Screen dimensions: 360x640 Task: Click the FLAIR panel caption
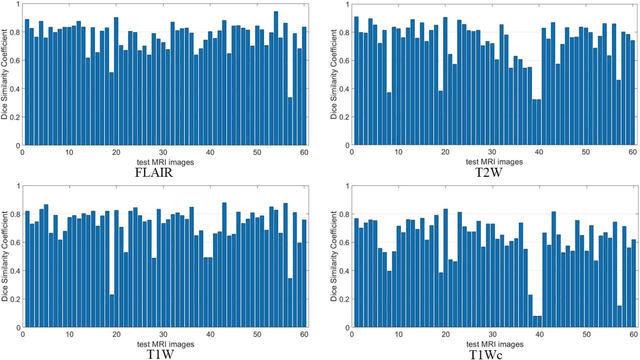point(163,171)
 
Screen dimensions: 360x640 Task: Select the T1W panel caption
point(163,351)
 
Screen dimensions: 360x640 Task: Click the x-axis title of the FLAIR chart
point(164,158)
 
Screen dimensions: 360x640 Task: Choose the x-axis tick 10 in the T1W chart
point(69,333)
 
